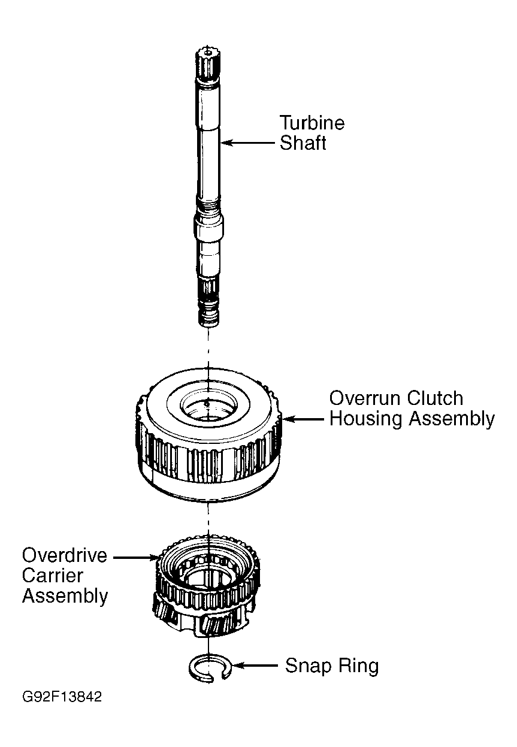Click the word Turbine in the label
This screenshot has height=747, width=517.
coord(312,122)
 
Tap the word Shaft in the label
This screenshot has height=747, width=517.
coord(303,143)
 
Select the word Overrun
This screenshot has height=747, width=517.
coord(365,398)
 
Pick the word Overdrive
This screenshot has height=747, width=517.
coord(64,555)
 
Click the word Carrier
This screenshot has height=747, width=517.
coord(52,576)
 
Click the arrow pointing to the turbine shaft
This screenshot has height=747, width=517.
coord(247,143)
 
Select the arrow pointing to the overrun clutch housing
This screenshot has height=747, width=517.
coord(303,419)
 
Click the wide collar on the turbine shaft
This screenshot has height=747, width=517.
coord(208,228)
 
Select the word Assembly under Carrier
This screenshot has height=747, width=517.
coord(65,597)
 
